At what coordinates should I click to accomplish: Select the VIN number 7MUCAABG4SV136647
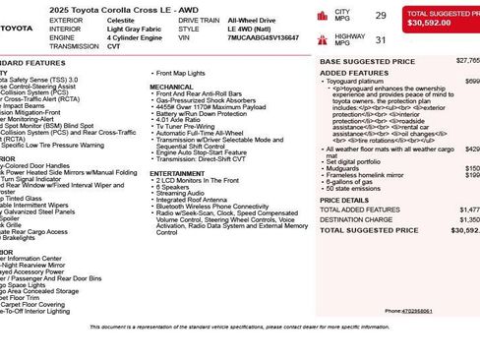(x=263, y=37)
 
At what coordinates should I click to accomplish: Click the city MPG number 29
(x=380, y=15)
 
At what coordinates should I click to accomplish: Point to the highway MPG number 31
(x=380, y=39)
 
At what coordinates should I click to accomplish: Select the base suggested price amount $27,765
(x=468, y=61)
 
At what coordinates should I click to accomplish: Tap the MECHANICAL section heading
(x=171, y=87)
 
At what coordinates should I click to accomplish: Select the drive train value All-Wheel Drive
(x=251, y=20)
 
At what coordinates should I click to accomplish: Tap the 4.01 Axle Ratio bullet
(x=181, y=120)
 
